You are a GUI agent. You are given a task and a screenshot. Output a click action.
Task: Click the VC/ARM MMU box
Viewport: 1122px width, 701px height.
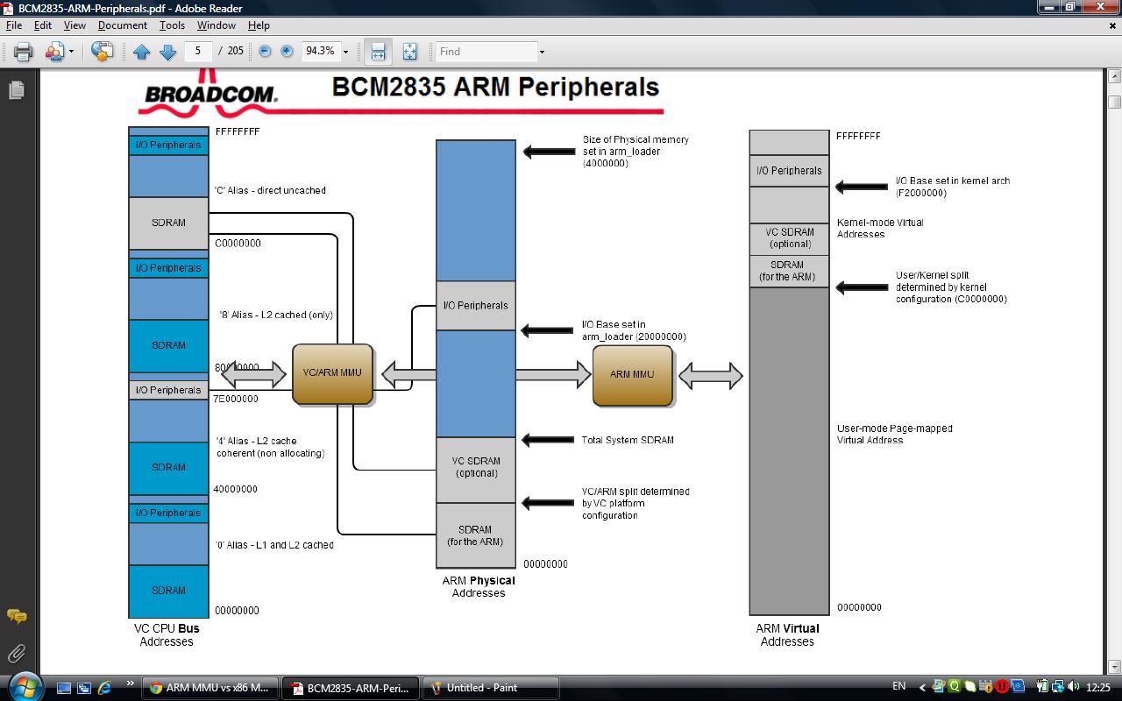(332, 373)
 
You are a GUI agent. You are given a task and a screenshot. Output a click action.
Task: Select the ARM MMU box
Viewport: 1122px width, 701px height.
(632, 375)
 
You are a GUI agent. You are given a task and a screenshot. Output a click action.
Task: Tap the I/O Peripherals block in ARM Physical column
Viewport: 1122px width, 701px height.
(476, 306)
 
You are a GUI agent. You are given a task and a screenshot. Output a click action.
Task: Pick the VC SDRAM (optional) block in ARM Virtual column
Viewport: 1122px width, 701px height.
(789, 238)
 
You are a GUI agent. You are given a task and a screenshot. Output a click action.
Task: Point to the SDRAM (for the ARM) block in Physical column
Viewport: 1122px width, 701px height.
(476, 535)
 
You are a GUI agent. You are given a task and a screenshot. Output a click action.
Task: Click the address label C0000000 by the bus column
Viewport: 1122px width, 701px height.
(238, 244)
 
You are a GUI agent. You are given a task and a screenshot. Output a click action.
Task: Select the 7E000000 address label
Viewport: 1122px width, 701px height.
(236, 399)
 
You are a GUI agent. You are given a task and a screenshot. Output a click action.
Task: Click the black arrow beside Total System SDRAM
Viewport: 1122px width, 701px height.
(549, 440)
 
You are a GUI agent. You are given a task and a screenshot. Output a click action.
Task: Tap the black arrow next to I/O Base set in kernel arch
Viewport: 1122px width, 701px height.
(862, 187)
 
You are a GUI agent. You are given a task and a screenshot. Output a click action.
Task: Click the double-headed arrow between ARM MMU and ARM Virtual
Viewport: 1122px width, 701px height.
(711, 376)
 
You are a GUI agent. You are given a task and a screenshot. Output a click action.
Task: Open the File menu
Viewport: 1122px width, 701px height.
(14, 25)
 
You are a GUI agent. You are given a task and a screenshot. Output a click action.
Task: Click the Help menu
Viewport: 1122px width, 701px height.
(259, 25)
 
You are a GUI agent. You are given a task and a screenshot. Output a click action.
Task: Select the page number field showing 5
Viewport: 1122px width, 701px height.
(199, 51)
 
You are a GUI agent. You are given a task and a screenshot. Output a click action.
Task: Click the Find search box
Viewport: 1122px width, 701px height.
(486, 52)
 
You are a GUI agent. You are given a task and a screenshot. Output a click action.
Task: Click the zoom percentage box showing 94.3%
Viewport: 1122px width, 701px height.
(320, 52)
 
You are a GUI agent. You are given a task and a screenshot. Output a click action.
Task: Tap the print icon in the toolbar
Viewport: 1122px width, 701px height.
(24, 52)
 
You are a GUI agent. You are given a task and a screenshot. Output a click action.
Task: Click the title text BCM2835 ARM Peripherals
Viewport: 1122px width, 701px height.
(495, 88)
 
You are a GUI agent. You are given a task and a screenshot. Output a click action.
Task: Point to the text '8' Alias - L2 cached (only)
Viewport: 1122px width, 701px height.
(275, 315)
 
